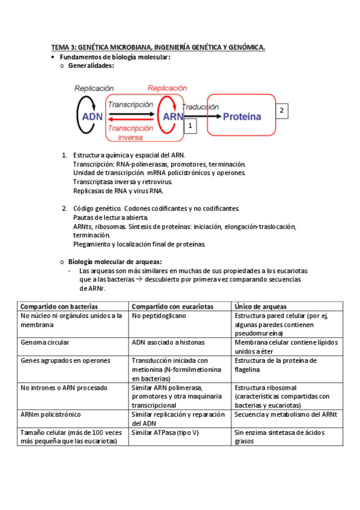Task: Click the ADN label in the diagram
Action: click(92, 117)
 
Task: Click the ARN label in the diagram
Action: click(173, 117)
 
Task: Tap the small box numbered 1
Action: click(190, 125)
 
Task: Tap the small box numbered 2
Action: click(282, 111)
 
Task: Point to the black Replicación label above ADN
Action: click(94, 88)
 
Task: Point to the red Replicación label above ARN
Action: click(167, 88)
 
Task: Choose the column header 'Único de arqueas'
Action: click(260, 306)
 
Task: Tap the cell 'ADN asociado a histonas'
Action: click(168, 342)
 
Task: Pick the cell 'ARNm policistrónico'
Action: click(51, 414)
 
